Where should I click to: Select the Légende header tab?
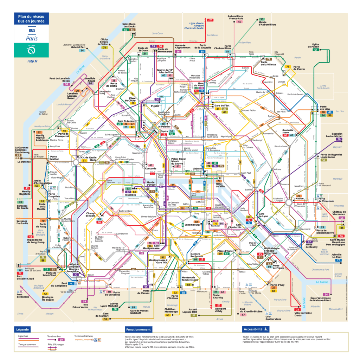(x=22, y=329)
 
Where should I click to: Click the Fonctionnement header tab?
(x=139, y=329)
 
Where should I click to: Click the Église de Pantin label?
(x=316, y=45)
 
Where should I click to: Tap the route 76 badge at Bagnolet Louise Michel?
(x=339, y=140)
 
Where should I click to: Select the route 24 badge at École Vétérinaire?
(x=326, y=294)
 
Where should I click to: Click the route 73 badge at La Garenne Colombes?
(x=18, y=155)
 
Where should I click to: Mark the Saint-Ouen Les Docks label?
(x=129, y=26)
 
